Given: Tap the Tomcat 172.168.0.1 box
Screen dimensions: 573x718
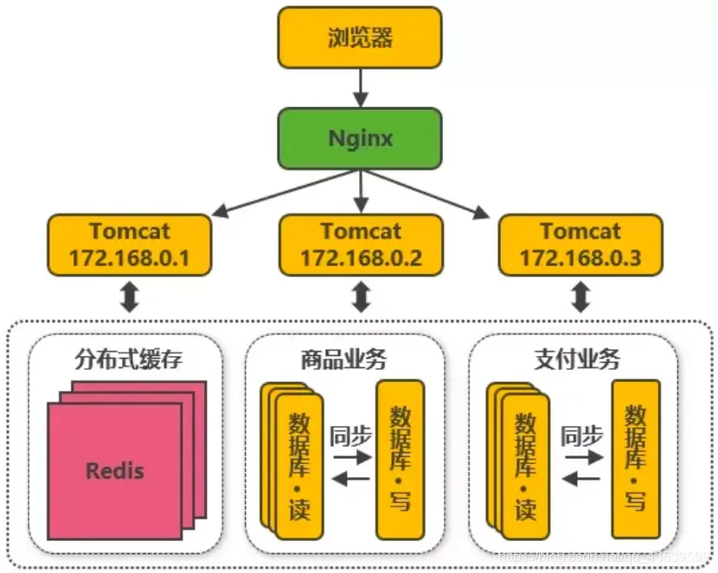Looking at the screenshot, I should tap(129, 245).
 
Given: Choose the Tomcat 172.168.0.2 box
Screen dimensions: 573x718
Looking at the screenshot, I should tap(361, 245).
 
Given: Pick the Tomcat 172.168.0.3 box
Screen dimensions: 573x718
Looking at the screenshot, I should tap(580, 245).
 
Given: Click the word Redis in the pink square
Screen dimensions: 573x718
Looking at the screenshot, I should tap(115, 471).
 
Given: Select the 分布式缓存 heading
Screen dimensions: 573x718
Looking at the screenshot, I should tap(129, 360).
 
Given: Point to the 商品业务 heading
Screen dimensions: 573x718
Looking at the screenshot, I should tap(343, 360).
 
